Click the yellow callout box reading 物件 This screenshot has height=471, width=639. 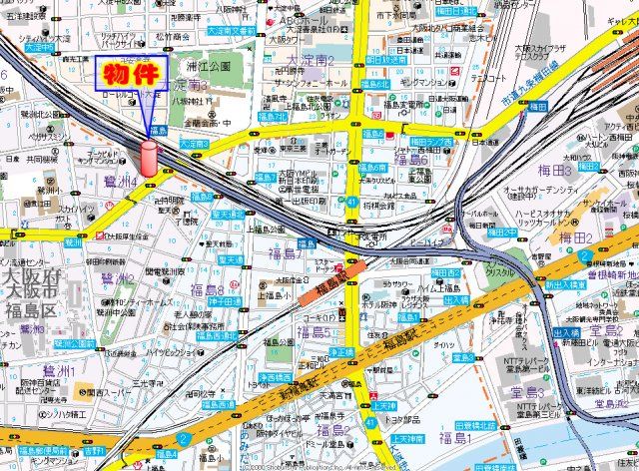click(131, 74)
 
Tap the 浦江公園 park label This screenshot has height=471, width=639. click(208, 66)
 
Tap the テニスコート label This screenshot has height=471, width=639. click(491, 77)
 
